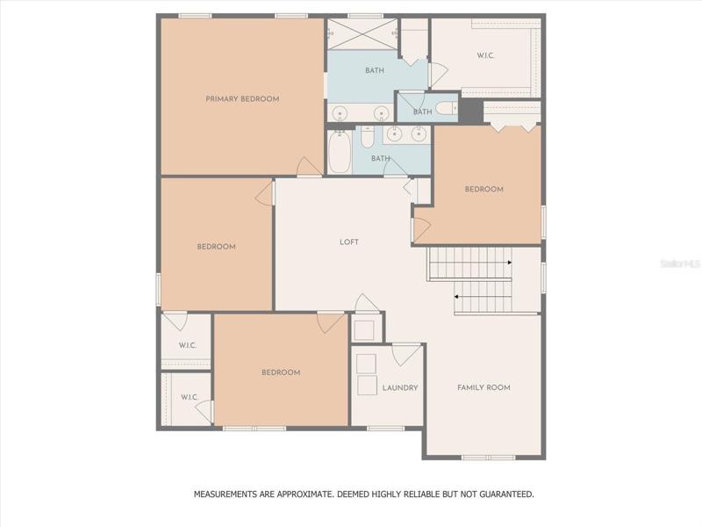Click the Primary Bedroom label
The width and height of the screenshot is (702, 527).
242,99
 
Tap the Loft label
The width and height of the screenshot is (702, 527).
348,242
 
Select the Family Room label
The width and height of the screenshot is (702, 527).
484,387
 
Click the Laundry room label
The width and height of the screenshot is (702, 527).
400,388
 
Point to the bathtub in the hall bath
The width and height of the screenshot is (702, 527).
340,151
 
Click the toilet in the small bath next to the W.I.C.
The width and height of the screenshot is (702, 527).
447,108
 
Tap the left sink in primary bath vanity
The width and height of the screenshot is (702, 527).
340,112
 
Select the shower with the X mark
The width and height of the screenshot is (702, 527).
362,34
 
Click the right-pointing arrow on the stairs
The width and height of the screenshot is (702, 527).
510,263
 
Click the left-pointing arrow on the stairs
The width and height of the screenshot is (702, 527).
456,297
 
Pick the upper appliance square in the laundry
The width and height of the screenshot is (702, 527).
366,364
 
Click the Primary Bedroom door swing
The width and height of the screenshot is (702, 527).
309,166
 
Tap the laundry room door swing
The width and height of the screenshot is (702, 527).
406,355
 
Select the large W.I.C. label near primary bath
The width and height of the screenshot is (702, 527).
485,56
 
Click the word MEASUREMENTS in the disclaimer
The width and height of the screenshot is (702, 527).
226,495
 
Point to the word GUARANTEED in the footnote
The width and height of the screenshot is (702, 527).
506,495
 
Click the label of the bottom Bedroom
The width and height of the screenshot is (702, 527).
281,372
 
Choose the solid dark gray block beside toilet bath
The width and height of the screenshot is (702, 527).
470,111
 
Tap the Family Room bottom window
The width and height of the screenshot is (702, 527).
488,458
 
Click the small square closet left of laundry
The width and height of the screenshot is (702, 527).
367,328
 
